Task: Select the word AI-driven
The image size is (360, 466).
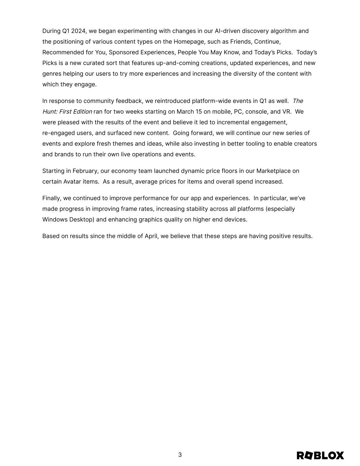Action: point(228,31)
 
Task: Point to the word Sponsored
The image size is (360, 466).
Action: point(124,52)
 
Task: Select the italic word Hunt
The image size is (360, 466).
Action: point(49,112)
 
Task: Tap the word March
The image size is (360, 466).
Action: point(185,112)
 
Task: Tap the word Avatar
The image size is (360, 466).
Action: point(72,182)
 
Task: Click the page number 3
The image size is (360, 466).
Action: point(180,455)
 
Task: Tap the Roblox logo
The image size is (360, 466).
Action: point(320,455)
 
